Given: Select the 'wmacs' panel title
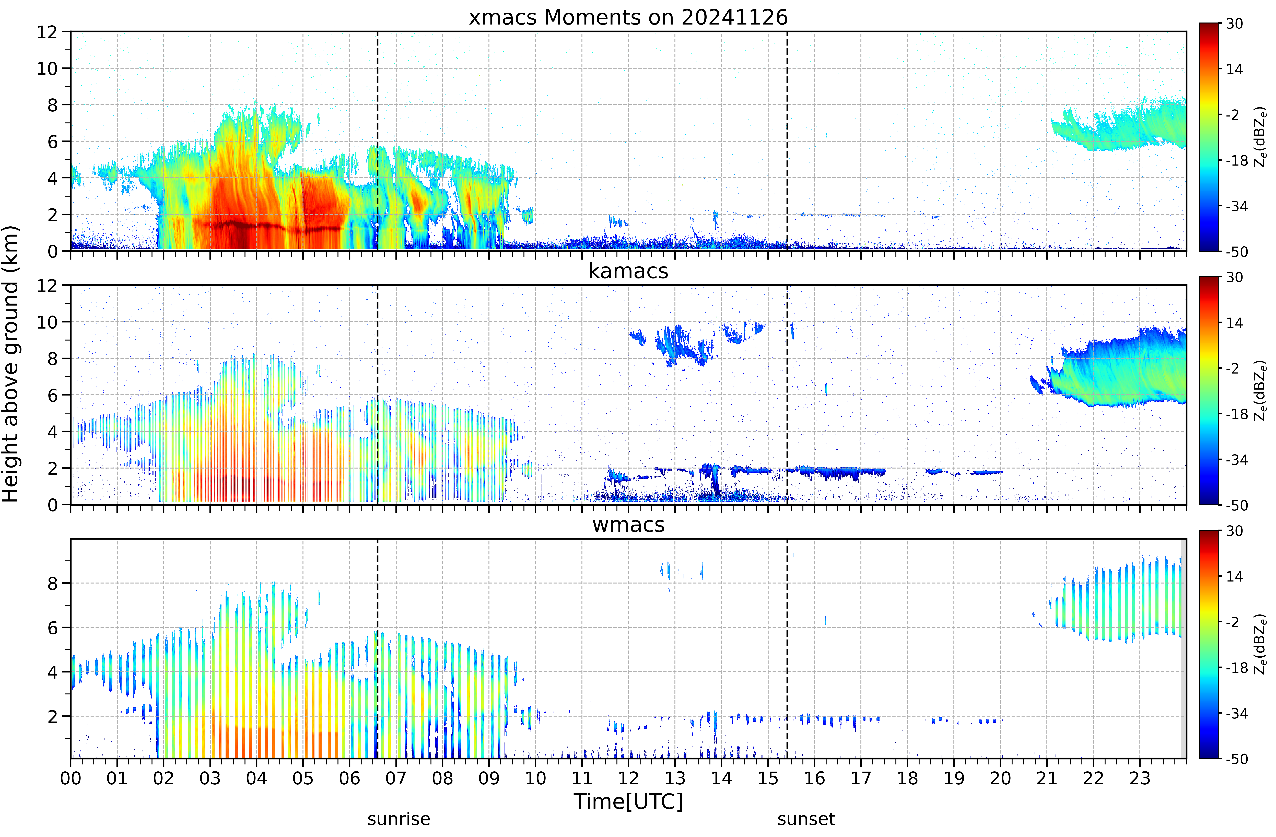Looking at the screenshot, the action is tap(628, 524).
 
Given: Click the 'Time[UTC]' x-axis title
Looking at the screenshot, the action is tap(628, 802).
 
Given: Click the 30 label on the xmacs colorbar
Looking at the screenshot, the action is tap(1235, 24).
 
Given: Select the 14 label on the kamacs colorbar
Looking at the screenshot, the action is tap(1235, 323).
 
